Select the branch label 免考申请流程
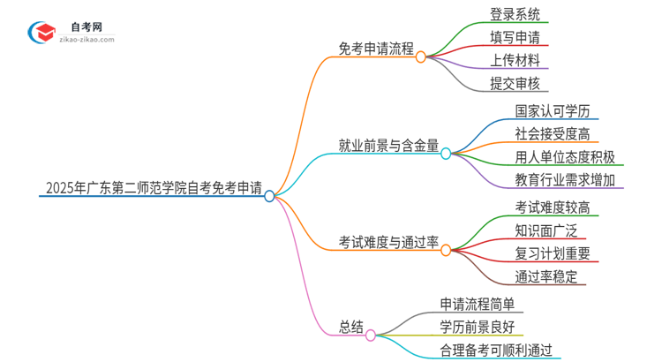pos(376,49)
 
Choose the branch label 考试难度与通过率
pos(388,242)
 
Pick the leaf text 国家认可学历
pos(553,111)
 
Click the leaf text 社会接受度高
pos(553,134)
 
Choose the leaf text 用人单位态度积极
pos(565,157)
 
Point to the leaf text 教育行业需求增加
pos(565,180)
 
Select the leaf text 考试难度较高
pos(553,207)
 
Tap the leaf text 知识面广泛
pos(545,230)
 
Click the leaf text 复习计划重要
pos(553,253)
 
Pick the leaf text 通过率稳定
pos(545,276)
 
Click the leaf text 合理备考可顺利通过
pos(499,350)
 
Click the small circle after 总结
pos(371,335)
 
